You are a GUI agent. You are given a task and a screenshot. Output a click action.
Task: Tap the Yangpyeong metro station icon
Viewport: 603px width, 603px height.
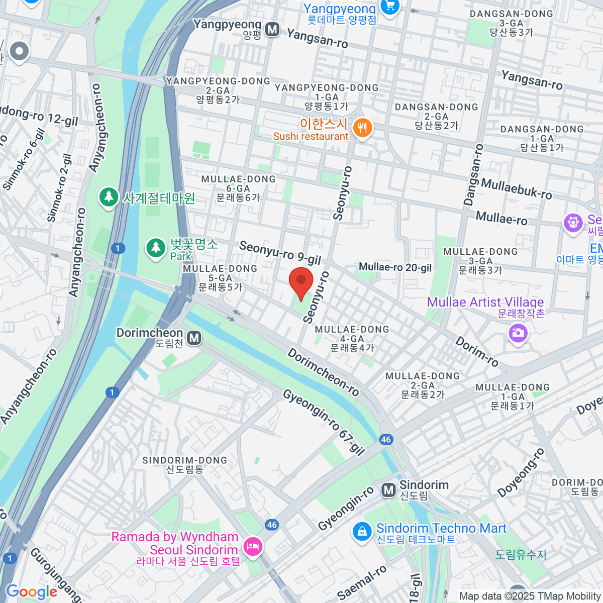272,30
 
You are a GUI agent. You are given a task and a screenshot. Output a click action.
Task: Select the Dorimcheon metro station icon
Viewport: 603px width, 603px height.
194,338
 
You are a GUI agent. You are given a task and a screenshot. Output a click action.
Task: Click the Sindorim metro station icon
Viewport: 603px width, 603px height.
388,490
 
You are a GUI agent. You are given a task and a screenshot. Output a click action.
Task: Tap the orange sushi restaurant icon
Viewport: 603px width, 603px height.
362,128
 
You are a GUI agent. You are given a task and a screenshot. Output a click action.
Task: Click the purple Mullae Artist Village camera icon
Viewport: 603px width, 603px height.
518,333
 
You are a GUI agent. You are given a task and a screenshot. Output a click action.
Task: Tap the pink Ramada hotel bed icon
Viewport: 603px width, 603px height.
252,546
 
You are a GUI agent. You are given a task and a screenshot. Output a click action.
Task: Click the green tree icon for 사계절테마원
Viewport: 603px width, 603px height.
108,197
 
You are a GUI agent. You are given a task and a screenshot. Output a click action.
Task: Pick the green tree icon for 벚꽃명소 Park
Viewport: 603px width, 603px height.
156,248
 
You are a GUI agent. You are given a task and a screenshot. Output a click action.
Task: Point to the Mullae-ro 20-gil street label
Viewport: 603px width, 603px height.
395,267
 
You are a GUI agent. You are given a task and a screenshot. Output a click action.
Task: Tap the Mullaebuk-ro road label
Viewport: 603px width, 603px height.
516,188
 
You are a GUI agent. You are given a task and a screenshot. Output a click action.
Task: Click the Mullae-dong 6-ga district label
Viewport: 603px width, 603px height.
238,188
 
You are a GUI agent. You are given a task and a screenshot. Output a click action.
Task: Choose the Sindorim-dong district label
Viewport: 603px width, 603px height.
185,465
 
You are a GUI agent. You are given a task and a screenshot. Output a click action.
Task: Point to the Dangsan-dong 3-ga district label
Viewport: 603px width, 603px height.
511,23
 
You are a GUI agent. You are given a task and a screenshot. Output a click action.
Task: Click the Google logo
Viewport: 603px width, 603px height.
31,592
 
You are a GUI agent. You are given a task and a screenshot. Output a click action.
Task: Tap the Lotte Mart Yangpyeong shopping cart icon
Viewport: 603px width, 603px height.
390,7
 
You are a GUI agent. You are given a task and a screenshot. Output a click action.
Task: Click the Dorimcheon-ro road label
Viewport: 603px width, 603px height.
323,372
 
